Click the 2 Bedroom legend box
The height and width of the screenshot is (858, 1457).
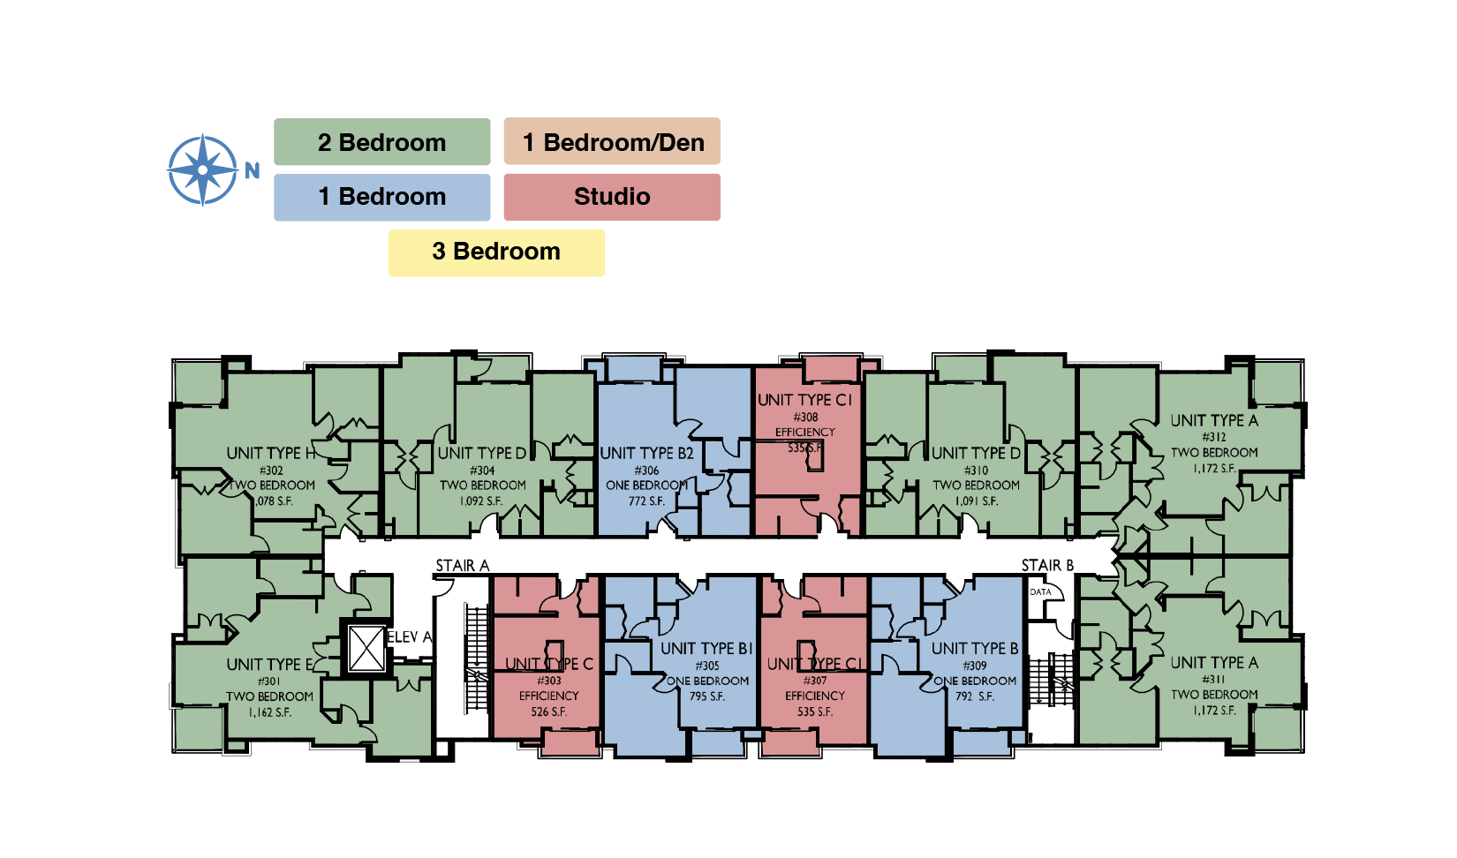pyautogui.click(x=381, y=142)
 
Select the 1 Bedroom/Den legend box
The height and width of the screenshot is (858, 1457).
pyautogui.click(x=612, y=141)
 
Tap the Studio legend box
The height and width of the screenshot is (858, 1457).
pyautogui.click(x=612, y=197)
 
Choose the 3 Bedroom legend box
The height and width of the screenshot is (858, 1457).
pyautogui.click(x=496, y=252)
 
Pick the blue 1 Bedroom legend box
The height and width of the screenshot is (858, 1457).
pyautogui.click(x=381, y=197)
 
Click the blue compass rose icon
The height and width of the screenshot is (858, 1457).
pyautogui.click(x=203, y=169)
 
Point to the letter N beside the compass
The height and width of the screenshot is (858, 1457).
pyautogui.click(x=253, y=171)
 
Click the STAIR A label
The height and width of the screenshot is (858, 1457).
pyautogui.click(x=462, y=566)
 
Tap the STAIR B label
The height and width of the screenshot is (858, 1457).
pyautogui.click(x=1047, y=566)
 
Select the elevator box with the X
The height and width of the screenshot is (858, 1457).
pyautogui.click(x=366, y=649)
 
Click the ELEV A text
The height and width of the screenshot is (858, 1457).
pyautogui.click(x=410, y=637)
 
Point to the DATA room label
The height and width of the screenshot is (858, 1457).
pyautogui.click(x=1040, y=592)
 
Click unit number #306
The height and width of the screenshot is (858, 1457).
pyautogui.click(x=646, y=470)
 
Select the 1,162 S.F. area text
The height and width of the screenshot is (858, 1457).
pyautogui.click(x=269, y=712)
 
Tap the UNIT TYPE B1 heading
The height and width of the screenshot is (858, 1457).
pyautogui.click(x=706, y=649)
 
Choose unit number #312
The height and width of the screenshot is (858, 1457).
pyautogui.click(x=1214, y=437)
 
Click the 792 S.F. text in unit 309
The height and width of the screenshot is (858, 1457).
pyautogui.click(x=974, y=696)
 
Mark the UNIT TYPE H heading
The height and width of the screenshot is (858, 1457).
pyautogui.click(x=270, y=454)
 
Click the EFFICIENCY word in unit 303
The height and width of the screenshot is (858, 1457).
pyautogui.click(x=548, y=696)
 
